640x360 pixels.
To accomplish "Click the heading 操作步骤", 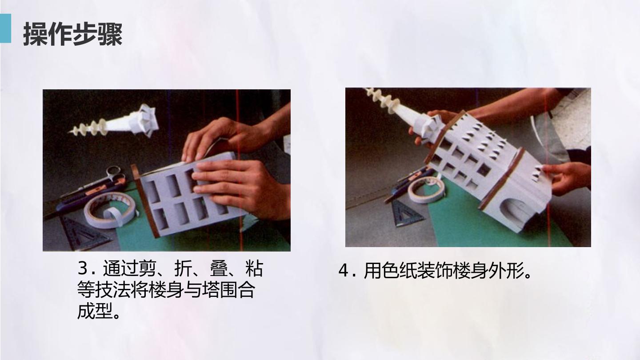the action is coord(73,34).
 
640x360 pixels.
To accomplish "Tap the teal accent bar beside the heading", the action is coord(5,28).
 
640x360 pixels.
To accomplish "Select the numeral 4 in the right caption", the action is coord(343,270).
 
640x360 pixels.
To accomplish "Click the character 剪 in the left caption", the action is coord(148,268).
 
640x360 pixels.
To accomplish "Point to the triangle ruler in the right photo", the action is coord(406,213).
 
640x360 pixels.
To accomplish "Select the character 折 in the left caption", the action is coord(183,268).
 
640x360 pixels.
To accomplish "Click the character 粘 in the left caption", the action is coord(254,268).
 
